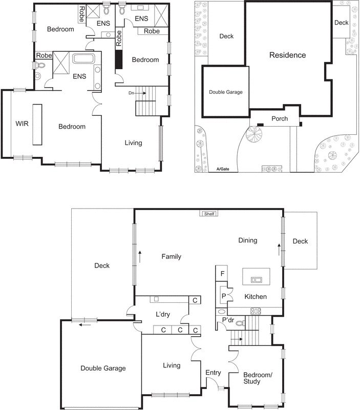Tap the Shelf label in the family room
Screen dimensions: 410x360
click(209, 214)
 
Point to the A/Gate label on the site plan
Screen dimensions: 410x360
click(222, 169)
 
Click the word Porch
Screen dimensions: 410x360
click(280, 119)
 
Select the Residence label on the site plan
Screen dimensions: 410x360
click(287, 55)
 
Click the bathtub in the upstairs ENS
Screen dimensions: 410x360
click(82, 58)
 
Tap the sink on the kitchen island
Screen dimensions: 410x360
click(256, 279)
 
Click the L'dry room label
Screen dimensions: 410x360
click(162, 313)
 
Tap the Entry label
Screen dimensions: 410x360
click(213, 373)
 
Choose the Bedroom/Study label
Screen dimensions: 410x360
click(259, 378)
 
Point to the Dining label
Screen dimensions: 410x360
click(247, 240)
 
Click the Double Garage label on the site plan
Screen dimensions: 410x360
click(225, 92)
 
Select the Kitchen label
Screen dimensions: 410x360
click(256, 297)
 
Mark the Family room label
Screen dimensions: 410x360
click(171, 257)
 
